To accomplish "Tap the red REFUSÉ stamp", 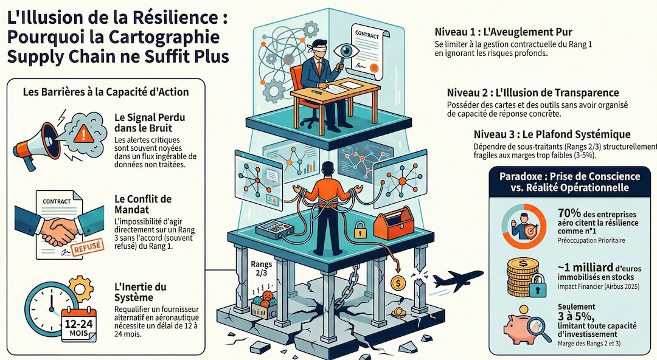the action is [x=88, y=247].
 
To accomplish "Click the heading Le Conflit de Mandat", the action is [x=143, y=204].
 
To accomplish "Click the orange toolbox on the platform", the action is [x=394, y=223].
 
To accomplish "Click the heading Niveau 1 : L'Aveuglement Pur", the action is [x=503, y=32].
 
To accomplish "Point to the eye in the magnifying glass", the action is [x=346, y=50].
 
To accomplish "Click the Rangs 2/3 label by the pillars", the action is [x=262, y=269].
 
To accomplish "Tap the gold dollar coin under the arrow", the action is [x=398, y=283].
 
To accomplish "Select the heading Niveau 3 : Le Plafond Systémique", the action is [x=552, y=134].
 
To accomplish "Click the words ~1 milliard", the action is [x=585, y=268].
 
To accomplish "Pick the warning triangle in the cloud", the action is [x=85, y=133].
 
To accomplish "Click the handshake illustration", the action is [x=58, y=229].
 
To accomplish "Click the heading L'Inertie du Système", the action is [x=140, y=292].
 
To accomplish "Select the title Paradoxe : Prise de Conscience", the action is [x=570, y=176].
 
